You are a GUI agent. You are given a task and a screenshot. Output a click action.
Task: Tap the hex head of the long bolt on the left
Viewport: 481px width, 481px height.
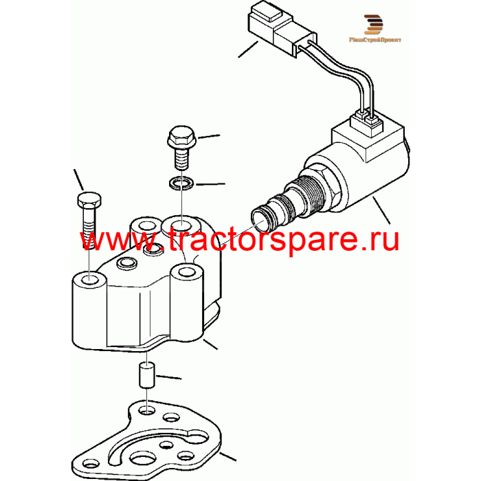pyautogui.click(x=89, y=200)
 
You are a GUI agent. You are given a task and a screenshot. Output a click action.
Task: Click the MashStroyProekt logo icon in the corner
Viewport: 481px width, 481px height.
pyautogui.click(x=373, y=24)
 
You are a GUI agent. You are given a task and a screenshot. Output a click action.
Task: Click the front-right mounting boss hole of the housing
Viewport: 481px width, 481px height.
pyautogui.click(x=187, y=272)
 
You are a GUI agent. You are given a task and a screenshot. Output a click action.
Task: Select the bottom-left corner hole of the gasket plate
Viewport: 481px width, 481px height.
pyautogui.click(x=89, y=471)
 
